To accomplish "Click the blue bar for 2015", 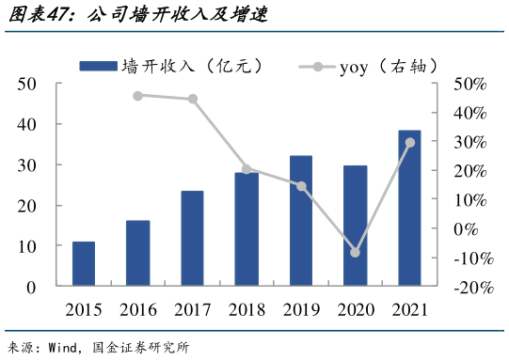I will click(x=83, y=264).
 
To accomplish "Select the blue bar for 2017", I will click(x=192, y=239).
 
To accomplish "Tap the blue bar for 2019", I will click(x=301, y=221).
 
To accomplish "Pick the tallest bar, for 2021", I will click(x=409, y=208).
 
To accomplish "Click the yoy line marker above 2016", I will click(x=137, y=95).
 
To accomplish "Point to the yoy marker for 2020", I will click(x=355, y=252).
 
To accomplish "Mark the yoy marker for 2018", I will click(x=247, y=169).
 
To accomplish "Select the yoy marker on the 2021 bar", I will click(x=409, y=143).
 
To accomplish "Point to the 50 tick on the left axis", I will click(x=27, y=84).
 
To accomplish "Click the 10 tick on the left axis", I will click(x=27, y=246).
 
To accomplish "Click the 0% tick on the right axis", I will click(x=470, y=229).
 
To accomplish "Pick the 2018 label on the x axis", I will click(x=247, y=309).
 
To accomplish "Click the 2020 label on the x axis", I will click(x=355, y=309).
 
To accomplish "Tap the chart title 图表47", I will click(x=38, y=14).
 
